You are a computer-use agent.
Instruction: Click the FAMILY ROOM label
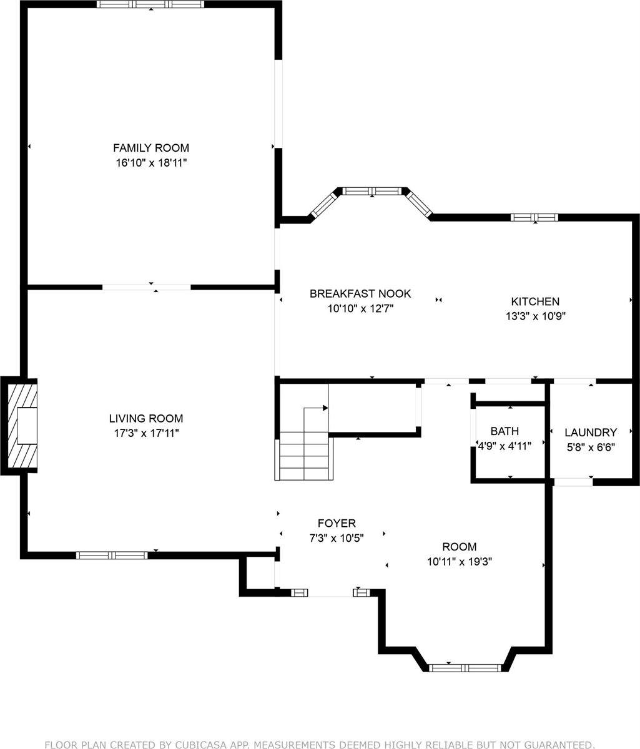pyautogui.click(x=150, y=148)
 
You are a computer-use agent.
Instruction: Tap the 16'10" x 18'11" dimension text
pyautogui.click(x=150, y=163)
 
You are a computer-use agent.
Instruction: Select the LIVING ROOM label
pyautogui.click(x=146, y=418)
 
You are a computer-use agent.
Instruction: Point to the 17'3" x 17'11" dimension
pyautogui.click(x=146, y=433)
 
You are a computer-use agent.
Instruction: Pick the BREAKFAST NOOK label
pyautogui.click(x=360, y=293)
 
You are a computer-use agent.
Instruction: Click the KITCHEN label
pyautogui.click(x=535, y=301)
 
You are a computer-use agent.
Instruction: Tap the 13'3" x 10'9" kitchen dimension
pyautogui.click(x=535, y=316)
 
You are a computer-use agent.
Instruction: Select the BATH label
pyautogui.click(x=505, y=431)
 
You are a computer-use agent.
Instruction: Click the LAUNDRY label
pyautogui.click(x=591, y=432)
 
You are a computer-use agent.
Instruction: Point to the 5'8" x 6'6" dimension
pyautogui.click(x=591, y=446)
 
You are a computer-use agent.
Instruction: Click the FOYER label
pyautogui.click(x=337, y=524)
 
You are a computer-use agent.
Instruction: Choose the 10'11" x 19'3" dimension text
pyautogui.click(x=460, y=561)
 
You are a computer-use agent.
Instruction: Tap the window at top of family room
pyautogui.click(x=150, y=4)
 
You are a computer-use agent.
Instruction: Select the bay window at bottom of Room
pyautogui.click(x=465, y=667)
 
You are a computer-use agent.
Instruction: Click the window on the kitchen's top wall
pyautogui.click(x=534, y=217)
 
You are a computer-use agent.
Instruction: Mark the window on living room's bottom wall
pyautogui.click(x=112, y=555)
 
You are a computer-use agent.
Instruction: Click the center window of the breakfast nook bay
pyautogui.click(x=373, y=191)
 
